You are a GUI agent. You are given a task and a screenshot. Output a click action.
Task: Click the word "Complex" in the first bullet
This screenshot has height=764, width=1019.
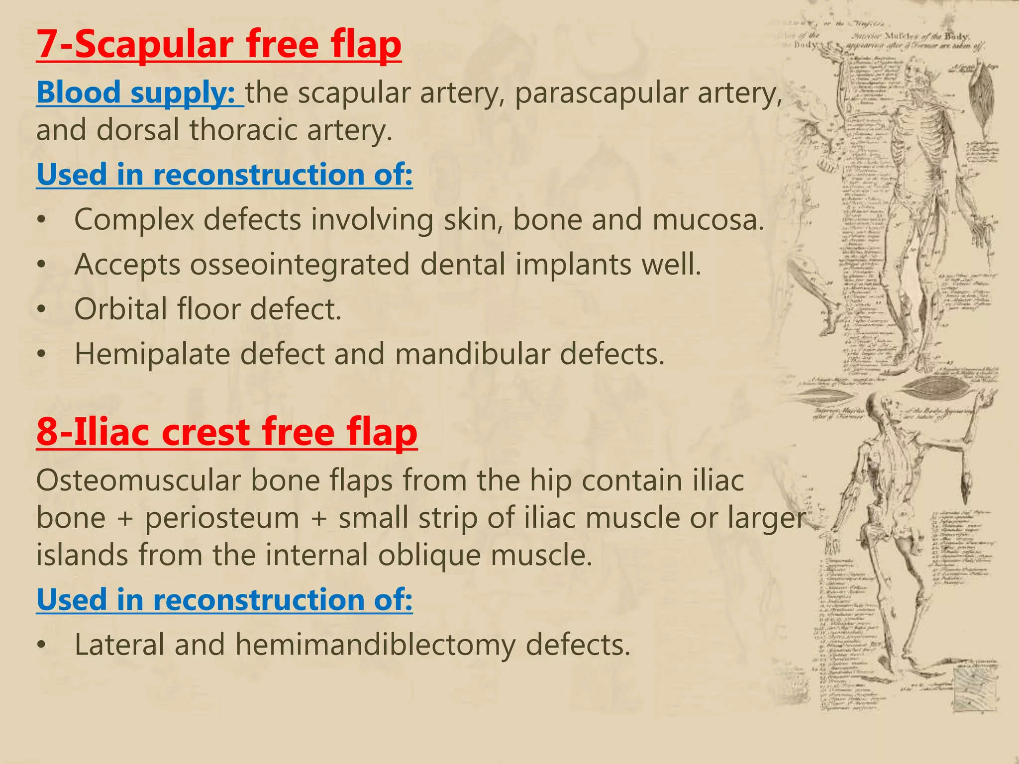pos(134,220)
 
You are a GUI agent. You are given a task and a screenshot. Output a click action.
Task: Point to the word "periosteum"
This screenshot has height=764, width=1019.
pos(222,518)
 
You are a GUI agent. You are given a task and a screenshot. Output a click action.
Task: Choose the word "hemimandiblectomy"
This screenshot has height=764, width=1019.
pos(375,645)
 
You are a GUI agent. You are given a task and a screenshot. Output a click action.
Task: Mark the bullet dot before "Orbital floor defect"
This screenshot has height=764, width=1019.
pos(43,309)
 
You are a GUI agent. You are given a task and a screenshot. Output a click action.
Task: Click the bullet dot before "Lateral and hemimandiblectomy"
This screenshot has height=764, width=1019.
pos(43,645)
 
